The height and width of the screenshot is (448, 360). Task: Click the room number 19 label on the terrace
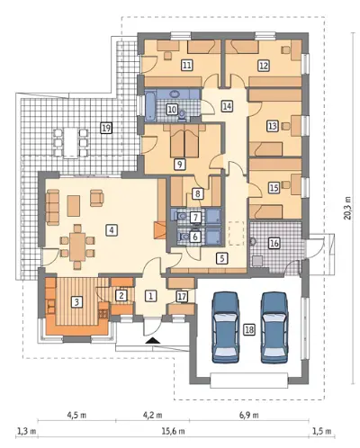[106, 129]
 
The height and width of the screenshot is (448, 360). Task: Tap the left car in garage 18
[226, 327]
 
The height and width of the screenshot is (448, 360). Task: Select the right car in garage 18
[274, 327]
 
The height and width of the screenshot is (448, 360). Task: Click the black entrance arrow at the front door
[153, 340]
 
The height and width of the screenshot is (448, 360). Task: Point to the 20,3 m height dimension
[347, 208]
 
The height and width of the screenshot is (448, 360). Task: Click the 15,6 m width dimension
[174, 432]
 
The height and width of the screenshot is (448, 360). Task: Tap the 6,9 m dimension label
[249, 416]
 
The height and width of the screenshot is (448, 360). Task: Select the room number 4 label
[112, 230]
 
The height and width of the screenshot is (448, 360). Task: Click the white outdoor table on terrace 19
[71, 142]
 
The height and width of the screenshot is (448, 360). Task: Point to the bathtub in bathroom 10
[149, 105]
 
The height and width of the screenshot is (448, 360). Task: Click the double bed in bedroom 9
[184, 141]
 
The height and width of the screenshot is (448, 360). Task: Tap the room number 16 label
[274, 243]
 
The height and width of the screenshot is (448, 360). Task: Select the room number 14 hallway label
[227, 106]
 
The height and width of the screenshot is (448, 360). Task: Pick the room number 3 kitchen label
[76, 302]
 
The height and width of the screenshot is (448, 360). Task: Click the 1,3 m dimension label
[26, 432]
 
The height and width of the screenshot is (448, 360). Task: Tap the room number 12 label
[264, 66]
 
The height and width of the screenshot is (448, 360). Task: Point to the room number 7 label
[195, 217]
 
